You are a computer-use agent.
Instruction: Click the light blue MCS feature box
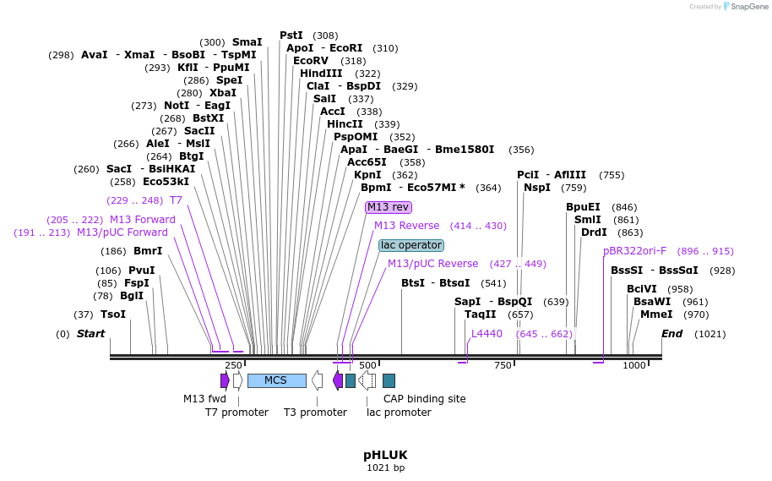[276, 380]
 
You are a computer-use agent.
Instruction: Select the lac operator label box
[411, 245]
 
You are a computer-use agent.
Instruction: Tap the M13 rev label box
[388, 207]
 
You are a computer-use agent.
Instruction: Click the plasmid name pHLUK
[385, 455]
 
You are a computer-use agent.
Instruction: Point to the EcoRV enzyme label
[311, 61]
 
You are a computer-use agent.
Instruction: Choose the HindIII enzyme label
[321, 74]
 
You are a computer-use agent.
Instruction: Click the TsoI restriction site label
[113, 314]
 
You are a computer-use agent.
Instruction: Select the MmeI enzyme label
[656, 314]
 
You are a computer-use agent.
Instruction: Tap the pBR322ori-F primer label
[634, 251]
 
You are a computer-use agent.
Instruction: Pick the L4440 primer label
[487, 334]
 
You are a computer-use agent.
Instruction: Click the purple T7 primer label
[176, 200]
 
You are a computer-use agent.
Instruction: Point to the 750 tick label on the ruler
[503, 365]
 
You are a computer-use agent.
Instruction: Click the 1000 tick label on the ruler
[633, 365]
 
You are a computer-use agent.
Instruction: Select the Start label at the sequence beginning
[90, 334]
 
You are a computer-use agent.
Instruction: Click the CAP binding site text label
[424, 399]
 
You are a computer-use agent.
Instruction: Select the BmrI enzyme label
[148, 251]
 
